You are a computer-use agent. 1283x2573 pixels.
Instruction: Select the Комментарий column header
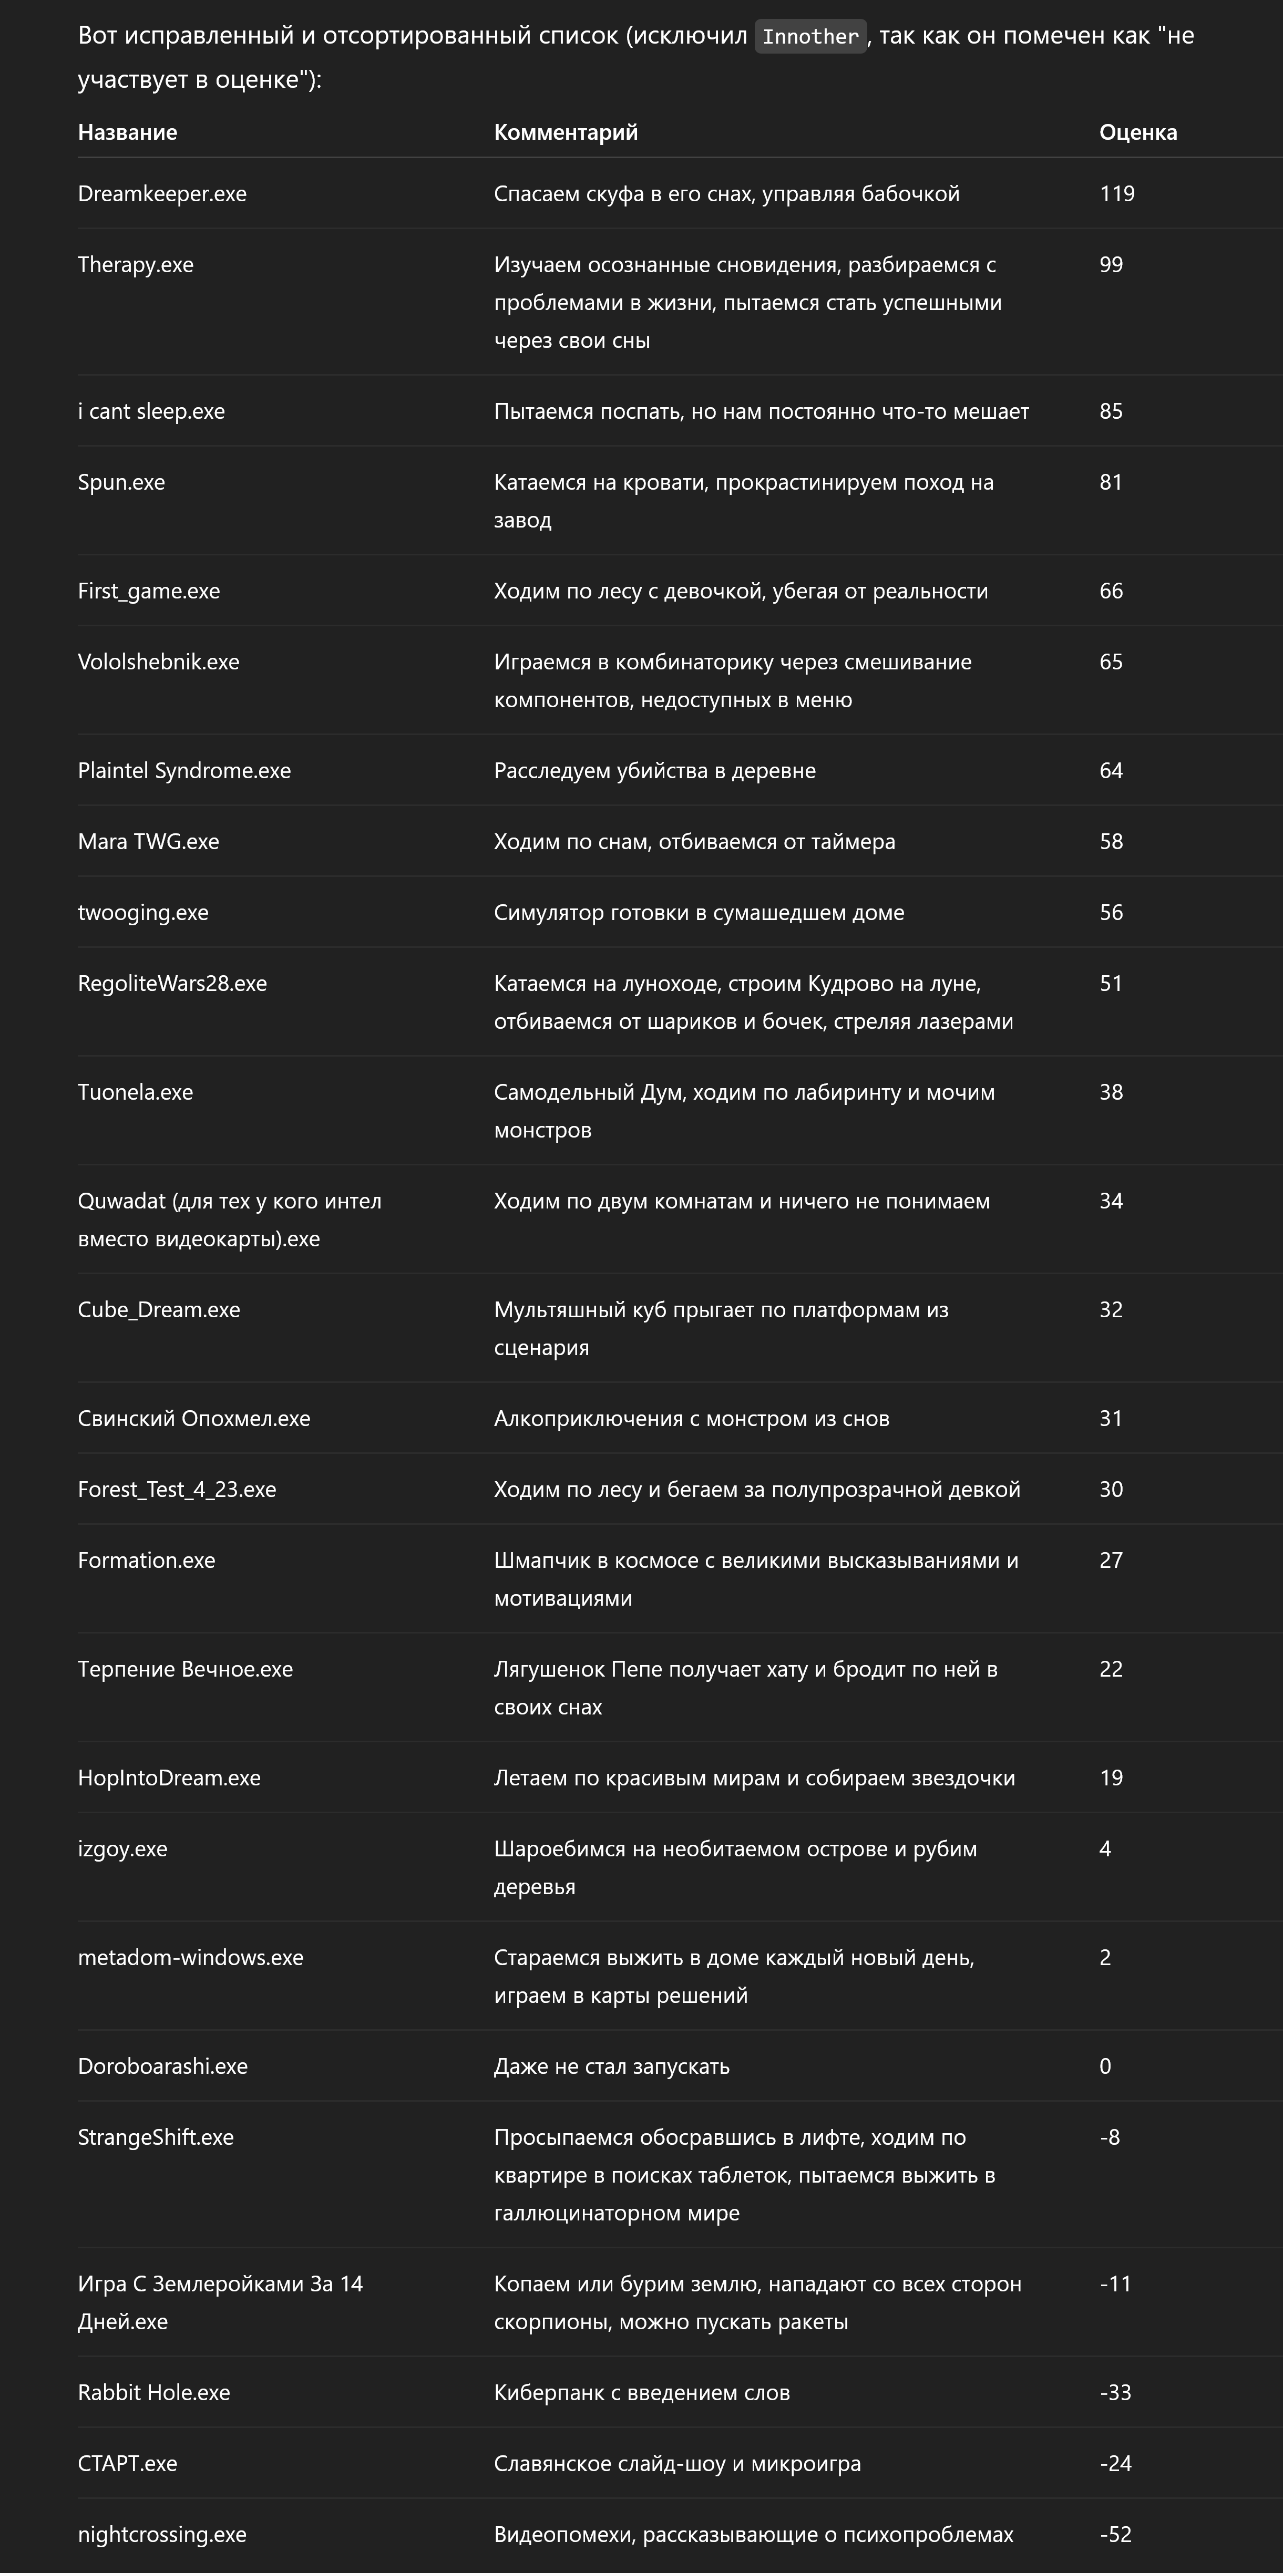566,132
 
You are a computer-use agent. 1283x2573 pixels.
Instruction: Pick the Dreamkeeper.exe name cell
162,194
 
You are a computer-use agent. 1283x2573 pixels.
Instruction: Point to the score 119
1116,194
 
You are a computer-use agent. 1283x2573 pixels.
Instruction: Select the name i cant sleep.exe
151,411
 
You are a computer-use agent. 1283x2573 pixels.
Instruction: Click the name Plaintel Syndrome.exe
184,771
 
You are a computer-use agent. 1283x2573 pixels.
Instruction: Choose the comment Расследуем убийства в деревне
654,771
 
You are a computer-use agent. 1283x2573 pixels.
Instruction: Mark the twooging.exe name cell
143,913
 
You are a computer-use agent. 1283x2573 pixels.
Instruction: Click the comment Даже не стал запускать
611,2066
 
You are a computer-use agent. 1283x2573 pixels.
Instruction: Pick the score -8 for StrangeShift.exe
1109,2137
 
